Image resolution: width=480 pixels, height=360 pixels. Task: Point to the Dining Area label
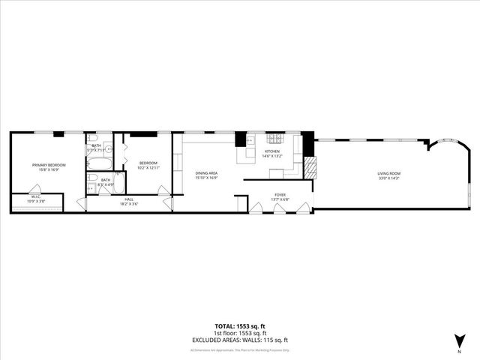[206, 173]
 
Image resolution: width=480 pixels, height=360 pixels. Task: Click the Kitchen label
[271, 152]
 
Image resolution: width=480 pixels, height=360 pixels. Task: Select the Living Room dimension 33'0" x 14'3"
[388, 178]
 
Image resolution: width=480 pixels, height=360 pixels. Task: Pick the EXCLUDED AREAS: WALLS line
[239, 340]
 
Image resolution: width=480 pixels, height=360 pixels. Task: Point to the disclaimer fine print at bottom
[239, 349]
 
